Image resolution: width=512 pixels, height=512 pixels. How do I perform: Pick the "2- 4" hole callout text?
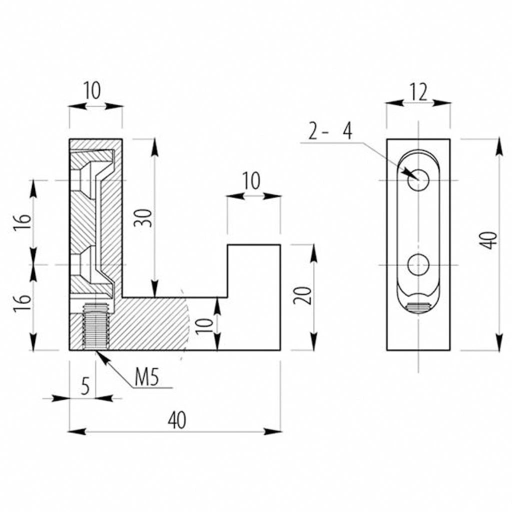tap(330, 131)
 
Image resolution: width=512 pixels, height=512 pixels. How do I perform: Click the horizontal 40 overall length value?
tap(176, 420)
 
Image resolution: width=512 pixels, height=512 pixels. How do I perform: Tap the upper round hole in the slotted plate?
tap(418, 180)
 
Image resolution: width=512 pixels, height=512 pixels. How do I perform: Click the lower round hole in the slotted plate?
tap(418, 264)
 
